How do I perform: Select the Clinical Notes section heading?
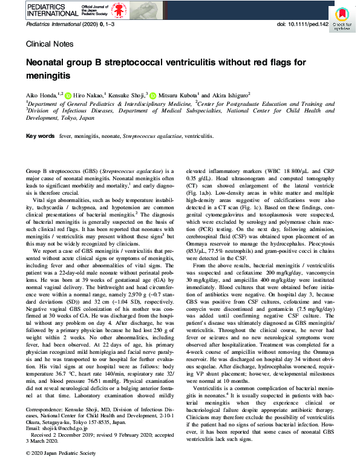pos(50,44)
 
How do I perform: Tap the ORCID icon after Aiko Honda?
pos(68,96)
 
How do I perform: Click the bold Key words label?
pos(41,137)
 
